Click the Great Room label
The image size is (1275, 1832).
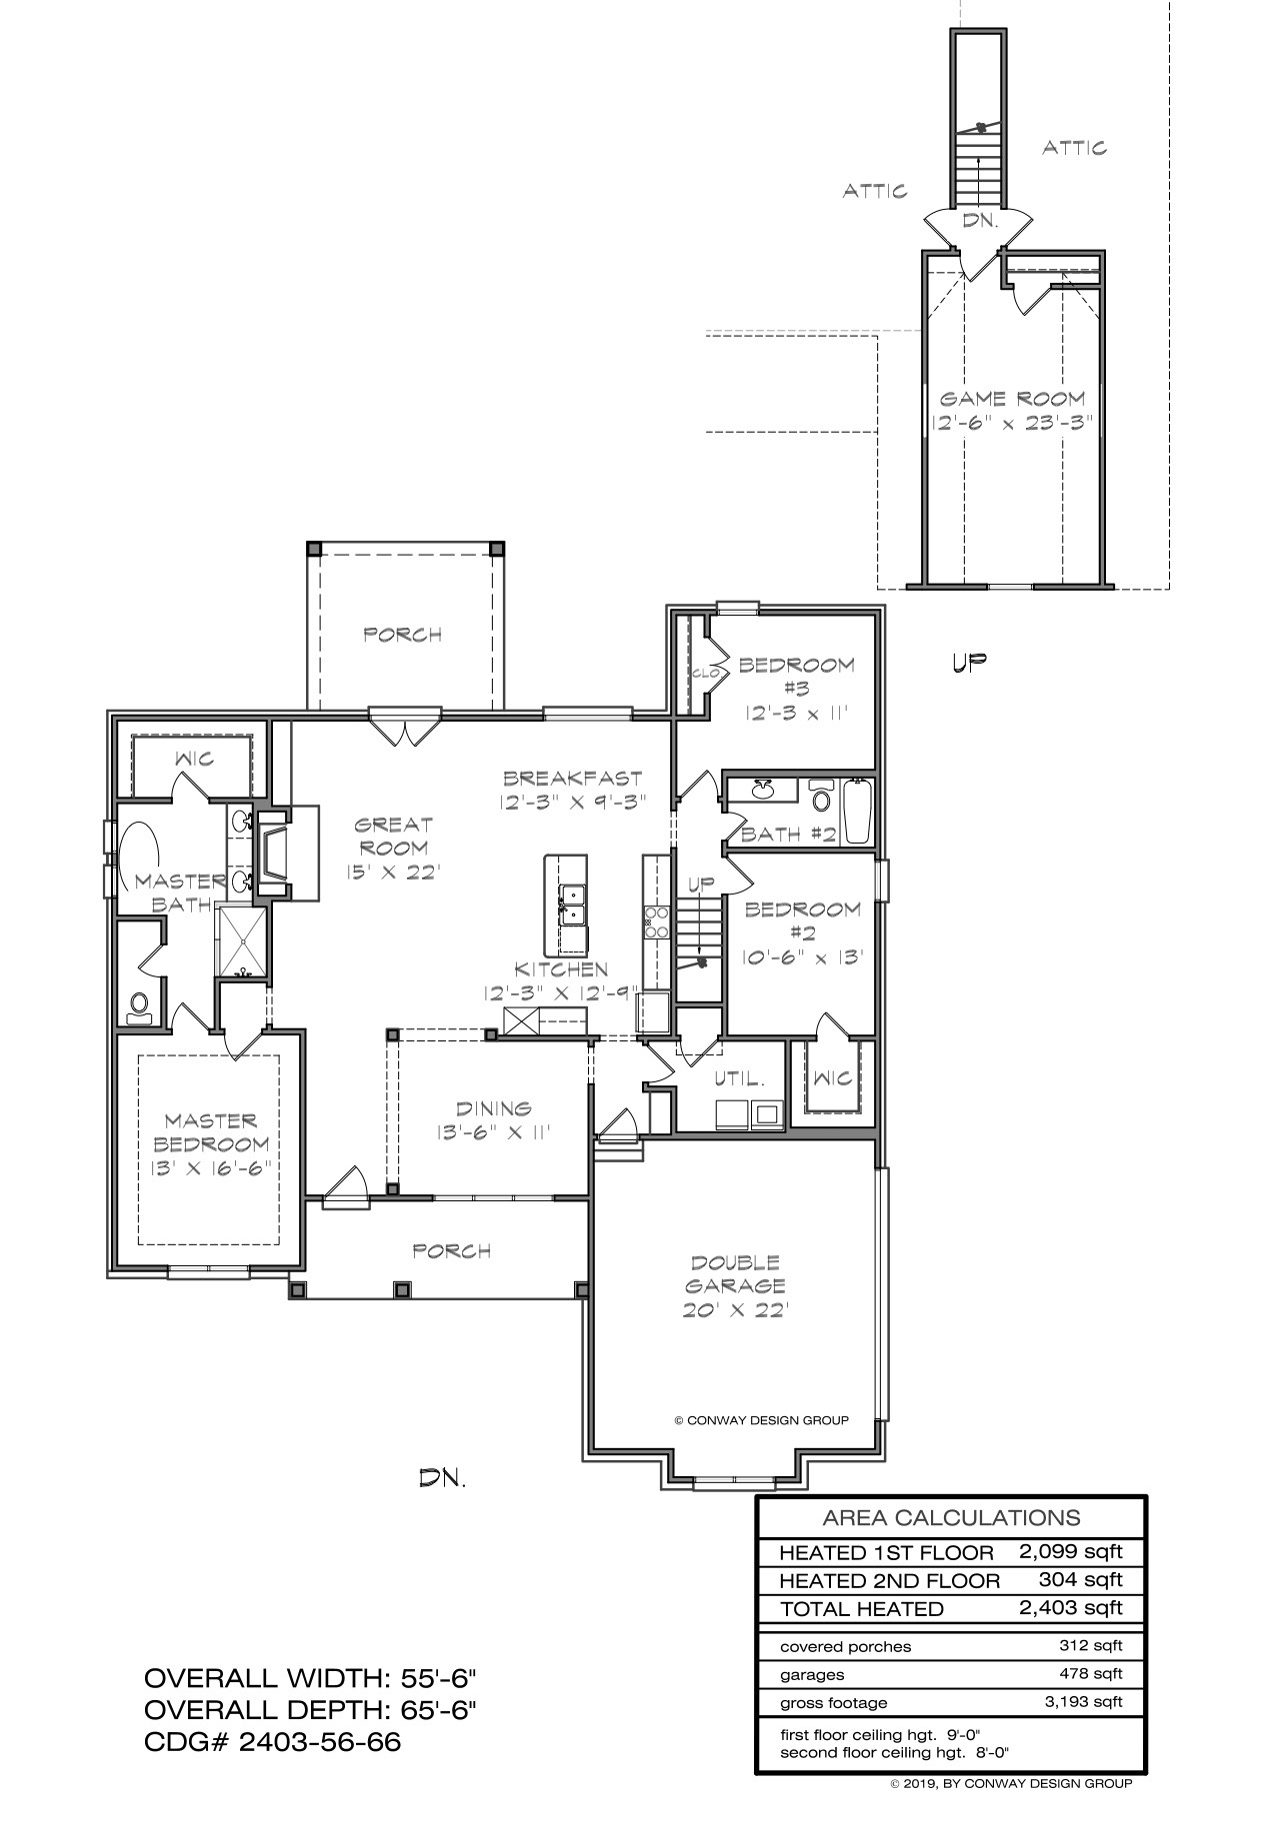click(x=394, y=837)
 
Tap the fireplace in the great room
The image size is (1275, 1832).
click(x=275, y=851)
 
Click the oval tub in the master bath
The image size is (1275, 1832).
click(x=139, y=857)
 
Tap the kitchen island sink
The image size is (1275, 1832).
click(x=573, y=904)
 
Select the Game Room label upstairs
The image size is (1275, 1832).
click(x=1012, y=398)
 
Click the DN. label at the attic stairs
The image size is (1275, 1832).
click(x=981, y=221)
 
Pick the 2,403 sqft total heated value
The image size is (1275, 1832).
click(x=1071, y=1608)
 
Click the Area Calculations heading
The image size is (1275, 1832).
click(x=951, y=1518)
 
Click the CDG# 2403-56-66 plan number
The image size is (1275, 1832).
click(x=273, y=1742)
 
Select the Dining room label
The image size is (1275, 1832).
click(x=493, y=1107)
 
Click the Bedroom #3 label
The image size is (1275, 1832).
click(x=796, y=676)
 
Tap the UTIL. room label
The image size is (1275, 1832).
click(x=739, y=1079)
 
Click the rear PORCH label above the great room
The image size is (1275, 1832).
click(x=402, y=635)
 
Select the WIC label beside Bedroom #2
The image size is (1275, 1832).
click(x=832, y=1077)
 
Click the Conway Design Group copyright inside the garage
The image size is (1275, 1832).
click(x=761, y=1420)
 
